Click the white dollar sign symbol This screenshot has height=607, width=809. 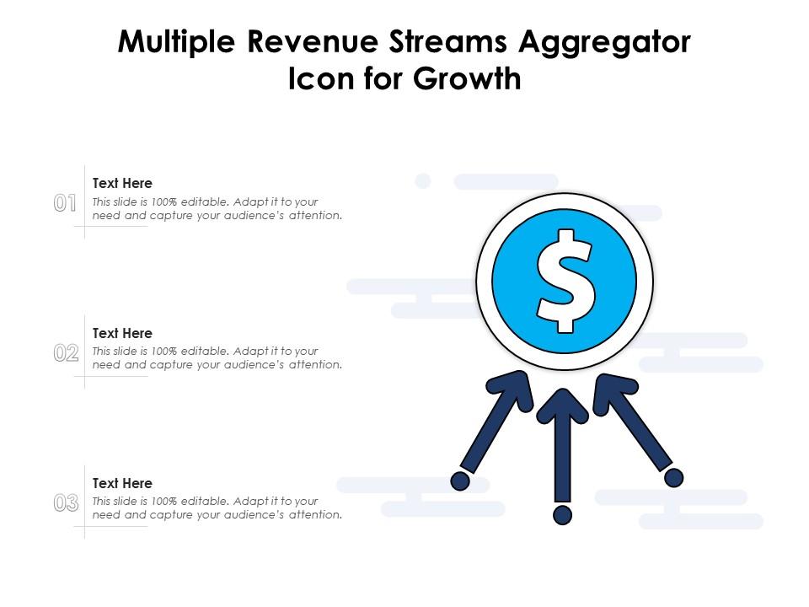pyautogui.click(x=565, y=280)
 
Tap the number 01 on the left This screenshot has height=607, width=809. pyautogui.click(x=66, y=203)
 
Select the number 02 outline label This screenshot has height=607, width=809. pyautogui.click(x=66, y=353)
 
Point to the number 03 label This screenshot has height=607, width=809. pyautogui.click(x=66, y=503)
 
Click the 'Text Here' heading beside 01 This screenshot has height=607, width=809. pyautogui.click(x=122, y=183)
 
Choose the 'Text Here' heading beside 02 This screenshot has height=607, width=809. pyautogui.click(x=122, y=333)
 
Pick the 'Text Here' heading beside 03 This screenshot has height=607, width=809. pyautogui.click(x=122, y=483)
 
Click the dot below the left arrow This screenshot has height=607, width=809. pyautogui.click(x=460, y=481)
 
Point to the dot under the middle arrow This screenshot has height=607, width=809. pyautogui.click(x=563, y=514)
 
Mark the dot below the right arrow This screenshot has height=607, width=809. pyautogui.click(x=673, y=478)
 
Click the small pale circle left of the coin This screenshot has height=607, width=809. pyautogui.click(x=423, y=180)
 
